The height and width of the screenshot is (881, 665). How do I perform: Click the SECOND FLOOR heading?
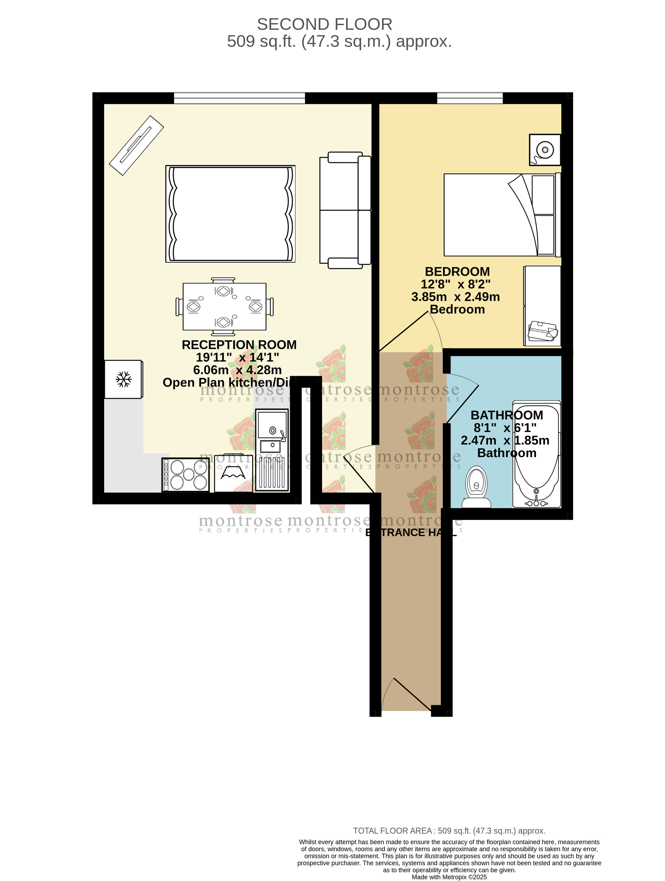324,24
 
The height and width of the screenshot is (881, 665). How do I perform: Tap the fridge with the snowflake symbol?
123,379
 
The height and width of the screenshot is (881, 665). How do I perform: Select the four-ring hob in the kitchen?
186,475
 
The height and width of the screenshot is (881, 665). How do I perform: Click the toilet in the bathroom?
476,487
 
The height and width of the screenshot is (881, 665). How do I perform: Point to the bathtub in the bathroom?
536,454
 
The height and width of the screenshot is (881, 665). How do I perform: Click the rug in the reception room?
230,214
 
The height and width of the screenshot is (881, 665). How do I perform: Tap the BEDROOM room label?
457,272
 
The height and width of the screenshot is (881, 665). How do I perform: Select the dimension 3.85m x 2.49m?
455,297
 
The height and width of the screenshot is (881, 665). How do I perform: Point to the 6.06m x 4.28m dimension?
237,370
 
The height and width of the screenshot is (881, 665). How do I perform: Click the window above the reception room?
239,98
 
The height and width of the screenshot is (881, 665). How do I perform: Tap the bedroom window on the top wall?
470,98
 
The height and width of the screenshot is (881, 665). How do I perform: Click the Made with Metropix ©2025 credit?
449,877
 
